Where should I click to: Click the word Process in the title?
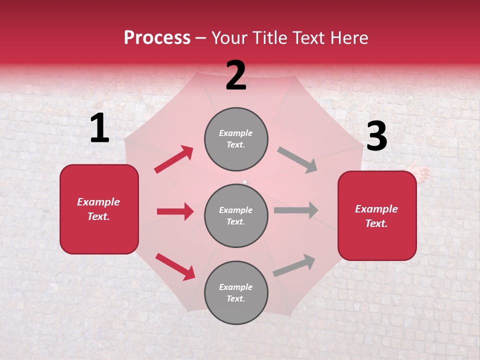[x=157, y=38]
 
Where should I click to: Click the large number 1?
[x=99, y=129]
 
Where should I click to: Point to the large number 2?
[x=236, y=75]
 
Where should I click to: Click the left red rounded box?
[x=99, y=209]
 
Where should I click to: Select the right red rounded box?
[x=377, y=216]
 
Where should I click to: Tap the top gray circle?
[x=236, y=139]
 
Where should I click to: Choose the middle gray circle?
[x=236, y=215]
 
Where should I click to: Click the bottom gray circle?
[x=236, y=292]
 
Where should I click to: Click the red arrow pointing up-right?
[x=174, y=159]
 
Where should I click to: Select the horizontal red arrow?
[x=175, y=211]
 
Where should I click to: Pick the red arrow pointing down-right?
[x=175, y=266]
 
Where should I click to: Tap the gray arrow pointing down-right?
[x=297, y=160]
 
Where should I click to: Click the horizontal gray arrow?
[x=296, y=210]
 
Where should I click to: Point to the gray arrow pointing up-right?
[x=294, y=265]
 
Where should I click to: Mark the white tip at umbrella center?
[x=244, y=182]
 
